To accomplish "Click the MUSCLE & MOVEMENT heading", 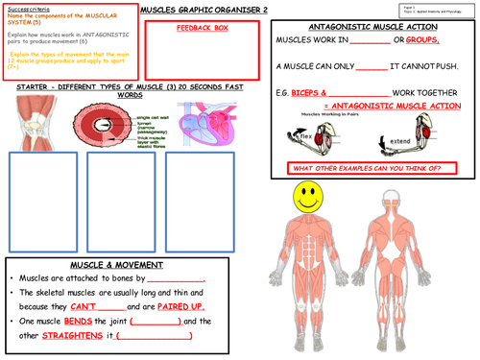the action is click(x=116, y=264).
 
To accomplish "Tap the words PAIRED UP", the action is click(x=174, y=305).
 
